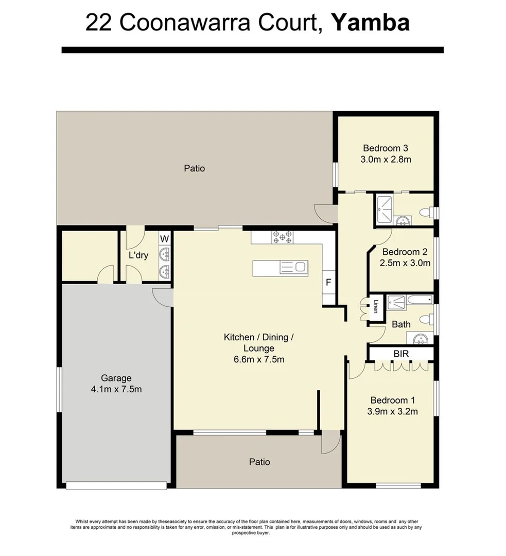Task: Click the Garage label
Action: (116, 378)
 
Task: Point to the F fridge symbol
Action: (328, 282)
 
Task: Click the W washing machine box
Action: (165, 238)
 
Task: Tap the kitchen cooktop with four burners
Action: (282, 237)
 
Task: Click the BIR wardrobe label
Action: (401, 354)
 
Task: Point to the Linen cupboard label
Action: (376, 306)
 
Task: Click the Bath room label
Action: (401, 324)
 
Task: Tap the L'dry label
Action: (138, 255)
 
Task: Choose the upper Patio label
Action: (194, 168)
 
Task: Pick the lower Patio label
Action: (259, 462)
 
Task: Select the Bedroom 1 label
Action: (393, 400)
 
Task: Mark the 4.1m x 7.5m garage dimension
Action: (116, 389)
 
